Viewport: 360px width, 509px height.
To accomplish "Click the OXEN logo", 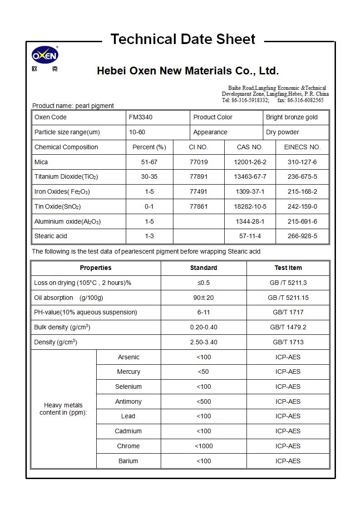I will [44, 56].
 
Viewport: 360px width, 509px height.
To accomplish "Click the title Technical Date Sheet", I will [183, 39].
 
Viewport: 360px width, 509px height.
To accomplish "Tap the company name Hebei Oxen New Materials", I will [187, 71].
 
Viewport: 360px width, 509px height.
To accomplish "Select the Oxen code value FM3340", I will [141, 117].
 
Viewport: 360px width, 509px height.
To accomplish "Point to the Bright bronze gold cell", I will [292, 117].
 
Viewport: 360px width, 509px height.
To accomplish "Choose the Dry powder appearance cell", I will [282, 132].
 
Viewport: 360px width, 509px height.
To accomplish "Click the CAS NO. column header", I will [250, 147].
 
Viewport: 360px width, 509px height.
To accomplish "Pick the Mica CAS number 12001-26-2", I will [250, 162].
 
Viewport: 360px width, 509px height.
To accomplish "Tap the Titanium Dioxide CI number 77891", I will [198, 176].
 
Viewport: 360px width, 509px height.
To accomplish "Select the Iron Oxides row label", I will [62, 192].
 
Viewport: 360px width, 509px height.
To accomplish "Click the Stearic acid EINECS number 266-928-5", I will [302, 236].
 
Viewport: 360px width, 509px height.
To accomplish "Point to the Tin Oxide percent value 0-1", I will [149, 206].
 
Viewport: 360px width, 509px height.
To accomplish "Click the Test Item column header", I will [288, 268].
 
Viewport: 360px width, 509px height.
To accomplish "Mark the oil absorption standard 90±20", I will [203, 298].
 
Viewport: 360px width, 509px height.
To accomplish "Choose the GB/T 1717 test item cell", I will [288, 312].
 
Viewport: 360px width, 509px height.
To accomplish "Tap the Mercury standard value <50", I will [203, 372].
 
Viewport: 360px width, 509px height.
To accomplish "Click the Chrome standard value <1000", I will [203, 446].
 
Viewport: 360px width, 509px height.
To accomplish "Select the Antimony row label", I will [128, 401].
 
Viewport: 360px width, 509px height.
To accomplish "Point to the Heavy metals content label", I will [63, 409].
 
